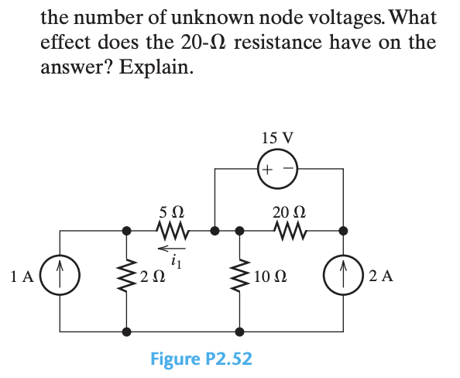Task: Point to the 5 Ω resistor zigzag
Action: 170,230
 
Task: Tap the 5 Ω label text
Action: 170,211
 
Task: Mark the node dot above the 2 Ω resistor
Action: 126,230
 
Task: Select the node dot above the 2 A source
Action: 343,230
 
